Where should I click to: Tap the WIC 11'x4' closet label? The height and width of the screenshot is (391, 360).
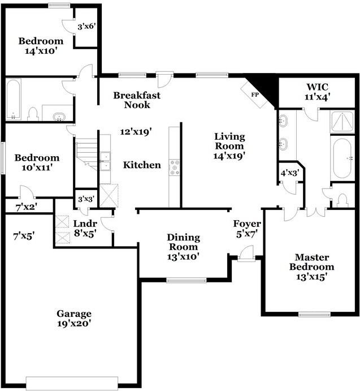point(318,92)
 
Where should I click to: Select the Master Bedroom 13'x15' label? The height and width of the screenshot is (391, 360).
point(311,267)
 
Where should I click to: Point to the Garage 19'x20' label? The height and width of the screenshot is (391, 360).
point(73,319)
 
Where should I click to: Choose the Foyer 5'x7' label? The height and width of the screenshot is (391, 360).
point(247,229)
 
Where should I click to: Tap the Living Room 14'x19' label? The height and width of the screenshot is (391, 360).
point(229,145)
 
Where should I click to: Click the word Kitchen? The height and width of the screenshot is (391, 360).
point(142,165)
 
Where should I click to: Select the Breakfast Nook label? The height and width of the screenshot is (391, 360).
point(136,100)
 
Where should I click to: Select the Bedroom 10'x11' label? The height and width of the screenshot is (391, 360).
point(37,163)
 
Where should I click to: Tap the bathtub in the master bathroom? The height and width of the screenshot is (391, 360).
point(342,158)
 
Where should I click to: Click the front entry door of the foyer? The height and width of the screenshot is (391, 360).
point(246,257)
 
